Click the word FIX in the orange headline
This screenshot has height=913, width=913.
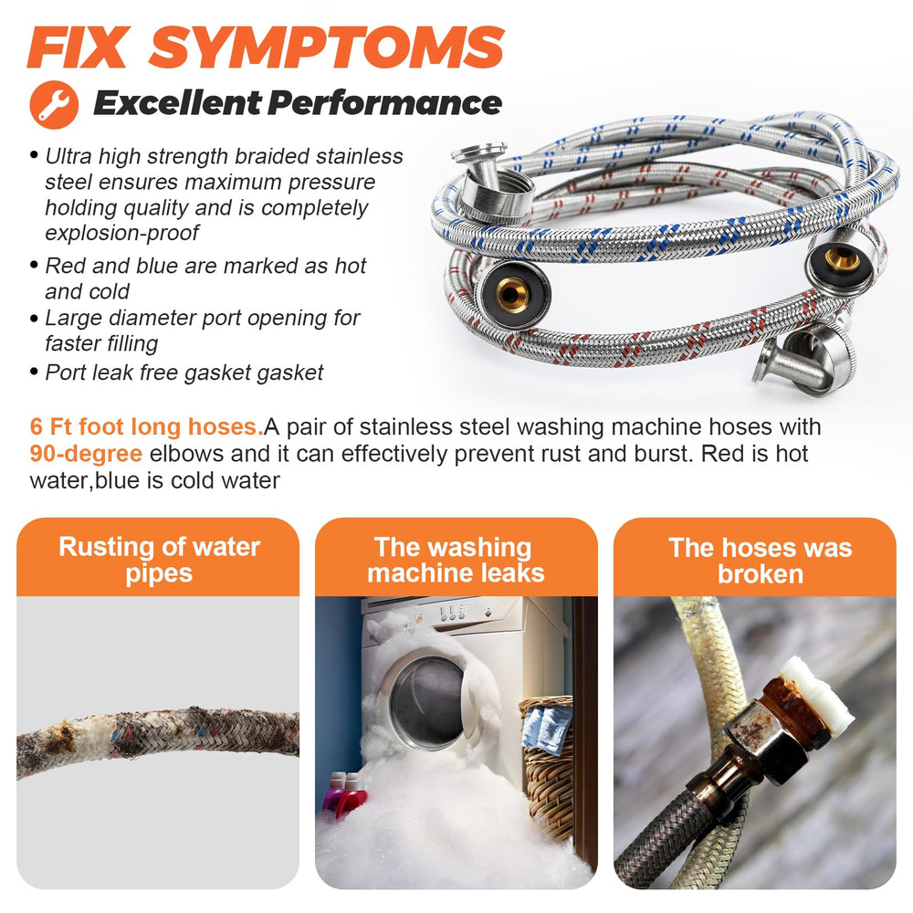click(x=77, y=47)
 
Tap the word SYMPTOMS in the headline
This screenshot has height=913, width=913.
click(x=326, y=47)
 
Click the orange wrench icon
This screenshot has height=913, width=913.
click(x=54, y=105)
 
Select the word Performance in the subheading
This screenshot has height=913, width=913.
click(x=384, y=103)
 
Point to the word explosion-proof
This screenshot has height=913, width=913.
click(x=121, y=233)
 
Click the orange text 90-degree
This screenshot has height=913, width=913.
click(x=86, y=454)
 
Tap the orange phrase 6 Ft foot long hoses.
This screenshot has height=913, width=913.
click(x=146, y=426)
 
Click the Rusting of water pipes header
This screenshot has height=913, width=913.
click(x=159, y=560)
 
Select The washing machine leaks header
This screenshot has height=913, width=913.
click(x=456, y=560)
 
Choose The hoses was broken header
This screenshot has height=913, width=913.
click(x=760, y=561)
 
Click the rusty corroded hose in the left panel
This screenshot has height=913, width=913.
click(x=158, y=740)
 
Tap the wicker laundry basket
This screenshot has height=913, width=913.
click(x=547, y=769)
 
